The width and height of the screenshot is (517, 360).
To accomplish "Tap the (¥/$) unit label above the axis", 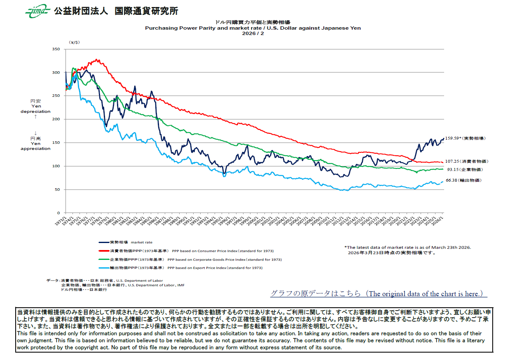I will point(75,42).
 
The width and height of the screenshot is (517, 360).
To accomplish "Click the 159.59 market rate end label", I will point(466,138).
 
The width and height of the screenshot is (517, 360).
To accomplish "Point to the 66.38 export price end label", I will point(463,180).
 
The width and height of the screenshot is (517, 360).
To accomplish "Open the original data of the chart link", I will point(379,294).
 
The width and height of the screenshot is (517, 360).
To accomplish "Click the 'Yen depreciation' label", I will point(35,109).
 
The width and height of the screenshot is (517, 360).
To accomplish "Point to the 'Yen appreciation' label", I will point(35,146).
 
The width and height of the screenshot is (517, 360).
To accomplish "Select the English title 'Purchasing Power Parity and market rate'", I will point(253,28).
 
